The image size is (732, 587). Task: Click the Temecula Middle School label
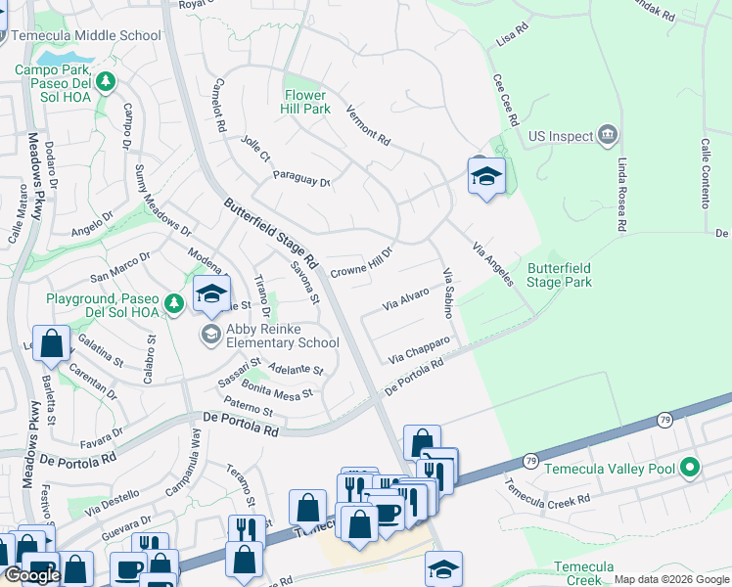(x=86, y=35)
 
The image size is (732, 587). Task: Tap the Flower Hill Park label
(x=305, y=102)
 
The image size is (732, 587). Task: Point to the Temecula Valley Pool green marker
(x=690, y=468)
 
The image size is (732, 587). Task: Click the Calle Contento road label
(x=704, y=172)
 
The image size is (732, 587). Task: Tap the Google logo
(x=32, y=575)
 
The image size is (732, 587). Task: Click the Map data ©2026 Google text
(x=670, y=579)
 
